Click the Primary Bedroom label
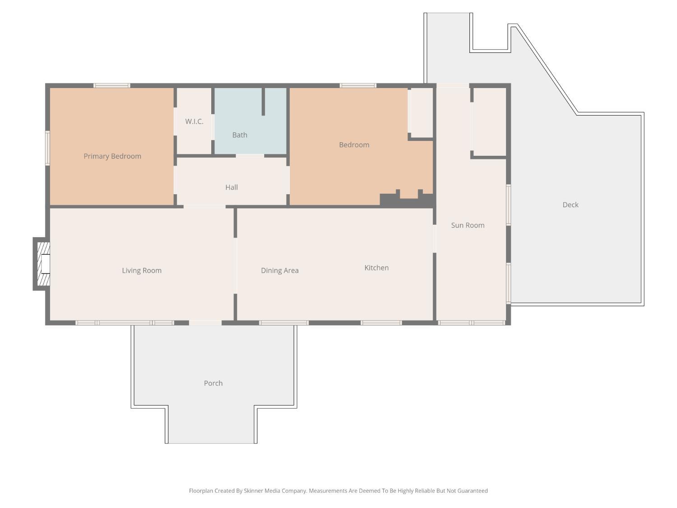click(112, 156)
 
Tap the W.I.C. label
click(194, 121)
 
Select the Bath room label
click(240, 135)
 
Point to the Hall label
click(232, 187)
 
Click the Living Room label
click(142, 270)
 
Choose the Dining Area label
click(280, 270)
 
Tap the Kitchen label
click(376, 268)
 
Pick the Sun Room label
click(468, 225)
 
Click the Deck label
click(570, 205)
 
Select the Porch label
click(213, 383)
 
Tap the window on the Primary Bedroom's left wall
click(47, 148)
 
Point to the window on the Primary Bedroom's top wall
click(111, 85)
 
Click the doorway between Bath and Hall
click(250, 156)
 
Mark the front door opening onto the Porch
click(205, 322)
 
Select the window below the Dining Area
click(284, 322)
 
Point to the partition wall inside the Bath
click(263, 102)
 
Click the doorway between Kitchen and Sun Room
click(435, 239)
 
